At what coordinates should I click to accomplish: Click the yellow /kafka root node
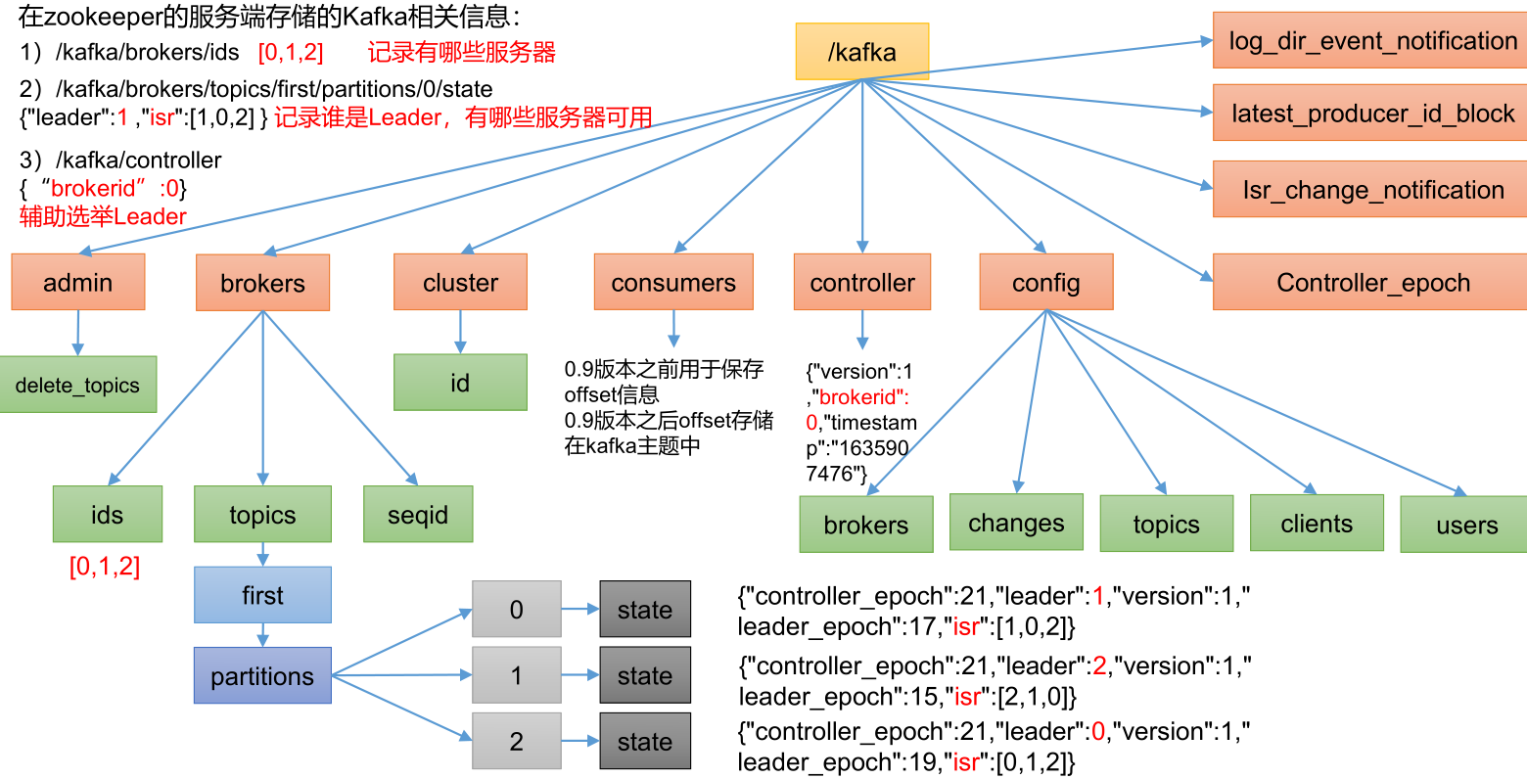861,52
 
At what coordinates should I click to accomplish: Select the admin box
78,283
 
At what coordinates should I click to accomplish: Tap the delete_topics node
78,385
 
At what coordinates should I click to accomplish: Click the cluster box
460,283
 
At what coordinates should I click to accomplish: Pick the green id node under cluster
460,383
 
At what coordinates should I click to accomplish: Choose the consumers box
673,283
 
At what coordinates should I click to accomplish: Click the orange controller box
862,283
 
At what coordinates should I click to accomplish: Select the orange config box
1046,283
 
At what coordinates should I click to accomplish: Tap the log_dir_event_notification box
1370,41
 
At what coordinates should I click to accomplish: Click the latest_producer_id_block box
1370,114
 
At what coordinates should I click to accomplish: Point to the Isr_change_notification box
1370,190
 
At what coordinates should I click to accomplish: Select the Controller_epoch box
1370,283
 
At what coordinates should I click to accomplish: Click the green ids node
107,515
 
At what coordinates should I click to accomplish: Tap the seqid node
418,515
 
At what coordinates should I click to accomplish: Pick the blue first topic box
262,595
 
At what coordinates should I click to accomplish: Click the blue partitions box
262,676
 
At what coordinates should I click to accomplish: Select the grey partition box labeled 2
517,742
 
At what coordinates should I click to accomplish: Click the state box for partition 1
645,675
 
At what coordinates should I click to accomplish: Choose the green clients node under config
1317,524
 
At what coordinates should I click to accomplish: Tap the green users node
1465,526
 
